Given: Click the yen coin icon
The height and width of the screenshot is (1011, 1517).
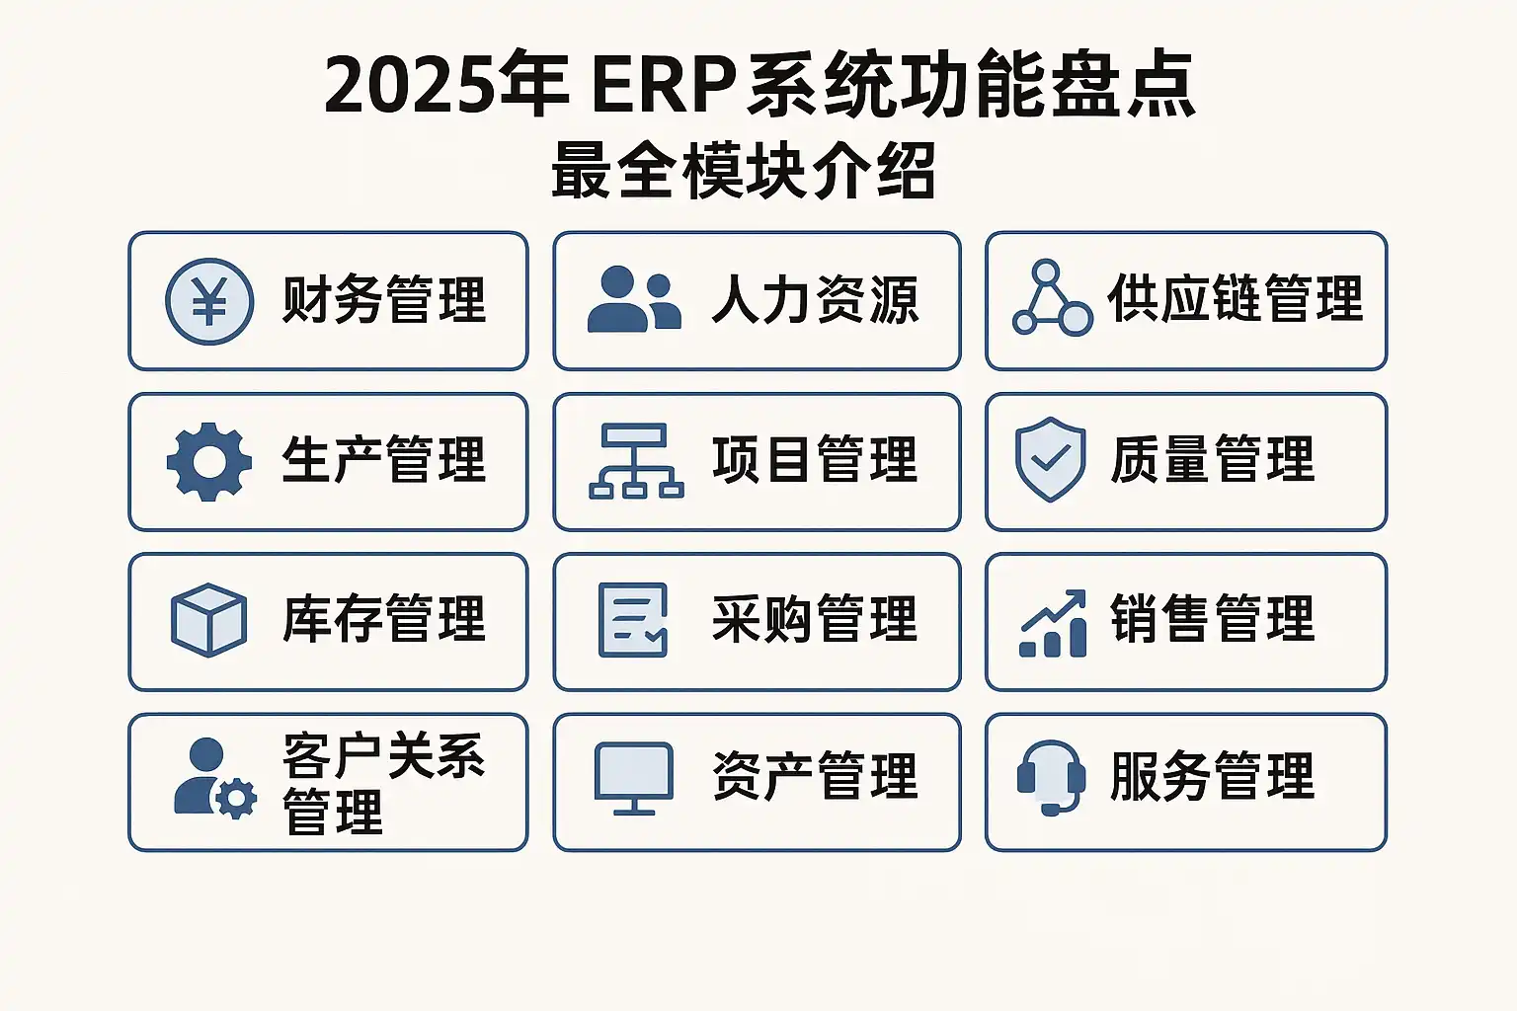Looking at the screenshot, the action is [x=209, y=301].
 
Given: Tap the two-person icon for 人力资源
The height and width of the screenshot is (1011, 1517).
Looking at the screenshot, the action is [x=634, y=298].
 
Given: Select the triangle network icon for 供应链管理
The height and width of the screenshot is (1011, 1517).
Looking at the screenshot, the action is [x=1053, y=297].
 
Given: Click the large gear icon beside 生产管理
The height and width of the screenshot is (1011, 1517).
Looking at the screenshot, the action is [x=209, y=462].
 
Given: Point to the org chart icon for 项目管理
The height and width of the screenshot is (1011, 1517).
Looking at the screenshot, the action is [x=636, y=461].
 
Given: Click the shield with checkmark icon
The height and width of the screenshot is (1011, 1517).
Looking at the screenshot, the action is [x=1051, y=459].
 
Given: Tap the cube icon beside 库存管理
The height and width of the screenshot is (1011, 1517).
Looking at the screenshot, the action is [x=208, y=620].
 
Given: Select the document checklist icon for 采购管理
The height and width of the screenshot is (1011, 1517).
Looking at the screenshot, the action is [x=633, y=620].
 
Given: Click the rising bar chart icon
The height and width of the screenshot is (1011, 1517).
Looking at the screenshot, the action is [x=1053, y=623].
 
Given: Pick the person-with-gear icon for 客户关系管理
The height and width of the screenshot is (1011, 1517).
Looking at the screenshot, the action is [x=215, y=778].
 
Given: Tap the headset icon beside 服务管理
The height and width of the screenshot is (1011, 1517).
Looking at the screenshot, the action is [x=1052, y=778].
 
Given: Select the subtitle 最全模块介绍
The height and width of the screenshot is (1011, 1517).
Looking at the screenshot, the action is [x=744, y=171].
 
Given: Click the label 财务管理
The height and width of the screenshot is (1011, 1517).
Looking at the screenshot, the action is [x=384, y=300].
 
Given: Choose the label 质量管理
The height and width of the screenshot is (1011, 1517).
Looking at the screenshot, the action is [x=1212, y=459].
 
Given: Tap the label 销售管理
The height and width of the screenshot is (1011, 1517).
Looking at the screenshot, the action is [x=1212, y=618].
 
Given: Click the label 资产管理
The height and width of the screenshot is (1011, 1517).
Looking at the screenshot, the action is [x=815, y=776].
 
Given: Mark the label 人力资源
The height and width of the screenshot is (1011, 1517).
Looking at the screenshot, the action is [x=816, y=300].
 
